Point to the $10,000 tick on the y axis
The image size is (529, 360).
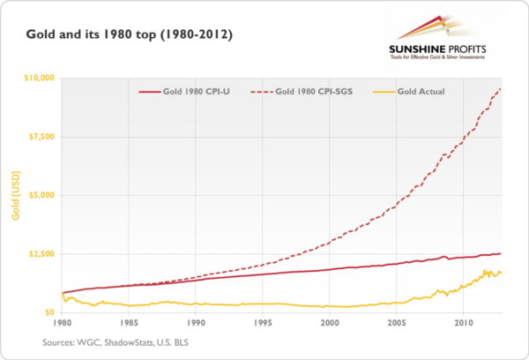click(x=37, y=78)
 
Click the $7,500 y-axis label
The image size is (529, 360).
click(x=41, y=137)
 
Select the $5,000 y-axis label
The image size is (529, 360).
click(x=41, y=195)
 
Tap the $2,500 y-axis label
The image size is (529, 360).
click(x=41, y=254)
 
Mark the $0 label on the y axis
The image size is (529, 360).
click(x=48, y=312)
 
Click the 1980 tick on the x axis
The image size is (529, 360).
click(x=61, y=323)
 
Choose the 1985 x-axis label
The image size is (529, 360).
click(x=129, y=323)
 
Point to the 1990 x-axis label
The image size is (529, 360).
click(x=196, y=323)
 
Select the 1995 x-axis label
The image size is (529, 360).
click(x=264, y=323)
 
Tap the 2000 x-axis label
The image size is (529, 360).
click(x=331, y=323)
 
